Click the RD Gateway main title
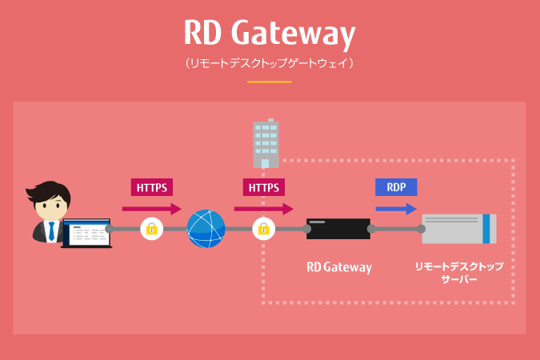point(269,34)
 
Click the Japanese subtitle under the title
point(269,62)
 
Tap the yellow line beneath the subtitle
point(269,81)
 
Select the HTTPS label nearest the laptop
point(152,187)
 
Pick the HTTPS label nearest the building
point(264,187)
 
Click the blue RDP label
point(396,187)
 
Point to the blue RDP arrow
point(396,209)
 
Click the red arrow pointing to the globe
point(152,209)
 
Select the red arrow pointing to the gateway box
point(264,209)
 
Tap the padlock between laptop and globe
point(151,229)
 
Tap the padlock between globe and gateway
point(262,229)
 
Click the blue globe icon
point(206,229)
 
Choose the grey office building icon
point(266,144)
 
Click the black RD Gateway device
point(338,229)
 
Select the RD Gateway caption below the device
point(339,267)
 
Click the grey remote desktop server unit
point(452,229)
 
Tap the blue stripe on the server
point(486,229)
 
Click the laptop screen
point(85,232)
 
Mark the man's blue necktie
point(52,230)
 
